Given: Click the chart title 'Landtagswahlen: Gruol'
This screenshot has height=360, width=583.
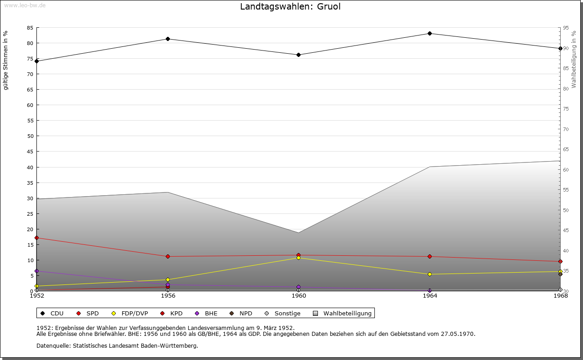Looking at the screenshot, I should click(x=290, y=6).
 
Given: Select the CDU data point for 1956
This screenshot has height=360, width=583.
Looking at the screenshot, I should click(x=168, y=39).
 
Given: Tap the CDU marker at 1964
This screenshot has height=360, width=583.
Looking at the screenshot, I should click(x=430, y=33).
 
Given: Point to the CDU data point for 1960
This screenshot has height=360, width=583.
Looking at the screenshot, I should click(x=299, y=55).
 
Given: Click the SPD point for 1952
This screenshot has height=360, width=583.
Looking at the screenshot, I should click(x=37, y=238).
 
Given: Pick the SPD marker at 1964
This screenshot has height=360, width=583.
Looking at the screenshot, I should click(x=430, y=256).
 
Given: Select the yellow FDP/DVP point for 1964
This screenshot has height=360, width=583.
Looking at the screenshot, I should click(x=430, y=274).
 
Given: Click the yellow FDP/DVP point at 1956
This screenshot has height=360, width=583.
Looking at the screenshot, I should click(x=168, y=279).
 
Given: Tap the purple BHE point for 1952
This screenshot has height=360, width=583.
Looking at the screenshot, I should click(x=37, y=271).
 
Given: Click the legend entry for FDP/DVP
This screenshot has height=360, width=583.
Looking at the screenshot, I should click(x=130, y=313).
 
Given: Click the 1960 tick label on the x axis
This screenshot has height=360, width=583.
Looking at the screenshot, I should click(x=299, y=296).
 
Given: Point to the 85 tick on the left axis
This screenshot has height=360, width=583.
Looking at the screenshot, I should click(x=30, y=28).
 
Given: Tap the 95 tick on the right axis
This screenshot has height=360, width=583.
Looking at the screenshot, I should click(x=566, y=28).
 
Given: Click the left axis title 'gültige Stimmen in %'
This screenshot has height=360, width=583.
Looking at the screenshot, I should click(x=6, y=60).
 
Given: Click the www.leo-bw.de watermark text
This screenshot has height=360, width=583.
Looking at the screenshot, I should click(x=25, y=5).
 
